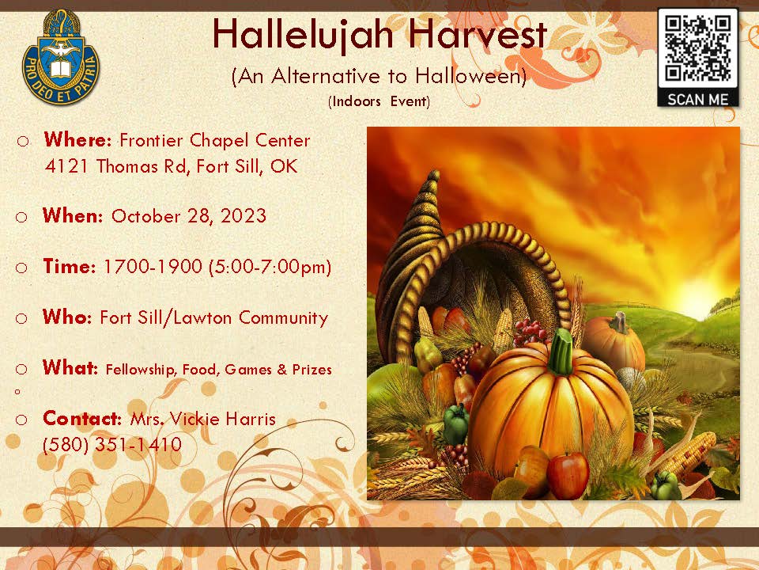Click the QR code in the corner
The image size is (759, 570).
click(x=697, y=48)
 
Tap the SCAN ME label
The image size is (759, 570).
click(x=697, y=100)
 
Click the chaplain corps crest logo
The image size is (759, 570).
click(x=61, y=57)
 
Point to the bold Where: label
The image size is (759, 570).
click(x=77, y=139)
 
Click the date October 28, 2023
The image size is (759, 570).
click(x=189, y=215)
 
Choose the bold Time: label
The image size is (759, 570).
click(x=70, y=266)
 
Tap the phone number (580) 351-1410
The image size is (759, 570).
click(x=111, y=444)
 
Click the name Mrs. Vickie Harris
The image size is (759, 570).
click(x=203, y=418)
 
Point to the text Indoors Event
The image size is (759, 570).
click(x=379, y=101)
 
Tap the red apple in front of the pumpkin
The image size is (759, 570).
click(x=568, y=475)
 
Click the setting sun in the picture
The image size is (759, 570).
click(x=697, y=295)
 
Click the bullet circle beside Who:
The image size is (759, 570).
click(x=21, y=318)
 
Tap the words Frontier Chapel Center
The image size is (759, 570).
click(x=214, y=140)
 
